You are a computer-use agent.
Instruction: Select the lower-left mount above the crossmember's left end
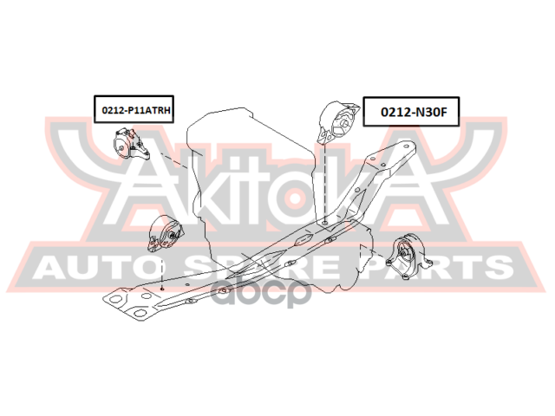pos(166,237)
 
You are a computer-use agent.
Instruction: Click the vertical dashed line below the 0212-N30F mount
pos(324,186)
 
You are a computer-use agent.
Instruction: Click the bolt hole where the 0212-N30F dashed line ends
pos(324,223)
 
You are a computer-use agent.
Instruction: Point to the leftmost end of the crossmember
pos(106,300)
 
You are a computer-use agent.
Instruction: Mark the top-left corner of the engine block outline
pos(187,127)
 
